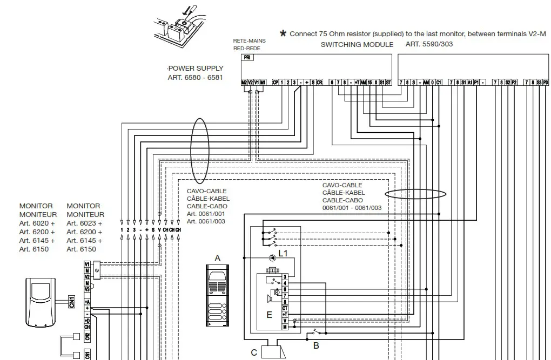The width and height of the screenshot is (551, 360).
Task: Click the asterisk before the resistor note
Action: coord(283,33)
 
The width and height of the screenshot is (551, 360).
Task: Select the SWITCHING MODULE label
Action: coord(357,44)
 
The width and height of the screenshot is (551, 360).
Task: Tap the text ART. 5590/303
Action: coord(429,44)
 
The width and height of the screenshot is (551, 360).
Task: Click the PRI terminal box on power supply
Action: coord(247,58)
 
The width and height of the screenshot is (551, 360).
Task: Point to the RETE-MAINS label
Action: coord(250,40)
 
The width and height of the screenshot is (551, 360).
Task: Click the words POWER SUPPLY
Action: coord(196,69)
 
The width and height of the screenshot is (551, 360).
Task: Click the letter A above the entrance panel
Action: coord(218,259)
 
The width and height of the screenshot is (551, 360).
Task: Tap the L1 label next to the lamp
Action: coord(284,253)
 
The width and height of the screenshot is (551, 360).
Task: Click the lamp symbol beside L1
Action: coord(273,257)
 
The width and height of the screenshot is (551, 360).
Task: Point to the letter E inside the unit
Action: coord(269,315)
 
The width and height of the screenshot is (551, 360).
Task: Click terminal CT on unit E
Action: coord(285,308)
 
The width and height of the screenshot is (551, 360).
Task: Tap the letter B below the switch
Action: coord(317,345)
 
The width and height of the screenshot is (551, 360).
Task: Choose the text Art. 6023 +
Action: coord(84,223)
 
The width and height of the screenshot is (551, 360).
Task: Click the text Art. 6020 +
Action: coord(37,223)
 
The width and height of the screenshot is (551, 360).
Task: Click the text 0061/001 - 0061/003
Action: coord(352,208)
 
